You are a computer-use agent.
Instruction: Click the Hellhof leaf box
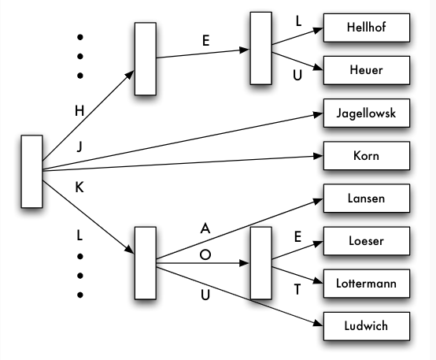click(367, 28)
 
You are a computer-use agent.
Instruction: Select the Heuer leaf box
click(367, 70)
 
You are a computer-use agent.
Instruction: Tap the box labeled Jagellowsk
click(367, 113)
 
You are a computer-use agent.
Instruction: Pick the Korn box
click(367, 156)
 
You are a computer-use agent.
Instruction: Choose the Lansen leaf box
click(367, 199)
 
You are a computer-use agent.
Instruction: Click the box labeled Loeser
click(367, 241)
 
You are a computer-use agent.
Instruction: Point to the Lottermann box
click(367, 284)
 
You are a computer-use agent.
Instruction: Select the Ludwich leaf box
click(367, 326)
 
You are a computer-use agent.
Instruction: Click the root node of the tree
click(31, 172)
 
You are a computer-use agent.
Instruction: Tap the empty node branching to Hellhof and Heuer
click(260, 48)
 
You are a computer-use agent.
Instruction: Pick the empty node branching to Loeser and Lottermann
click(260, 263)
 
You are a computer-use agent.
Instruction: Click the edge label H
click(79, 111)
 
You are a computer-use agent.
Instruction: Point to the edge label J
click(79, 147)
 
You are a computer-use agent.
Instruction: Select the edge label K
click(79, 187)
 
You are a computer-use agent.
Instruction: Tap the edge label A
click(205, 228)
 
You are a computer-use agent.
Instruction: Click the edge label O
click(205, 254)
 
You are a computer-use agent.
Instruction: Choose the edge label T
click(297, 290)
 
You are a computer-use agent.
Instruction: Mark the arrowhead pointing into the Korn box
click(318, 156)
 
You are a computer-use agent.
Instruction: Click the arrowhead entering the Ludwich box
click(319, 323)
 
